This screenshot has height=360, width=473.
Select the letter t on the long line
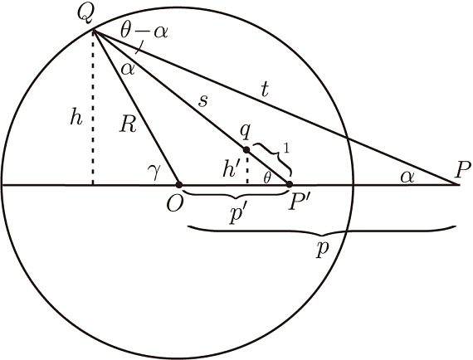pyautogui.click(x=265, y=90)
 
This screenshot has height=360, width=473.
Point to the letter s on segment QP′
pyautogui.click(x=203, y=101)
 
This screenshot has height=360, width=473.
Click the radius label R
pyautogui.click(x=128, y=124)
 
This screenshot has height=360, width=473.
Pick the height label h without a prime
pyautogui.click(x=76, y=117)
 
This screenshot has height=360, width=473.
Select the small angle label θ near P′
pyautogui.click(x=266, y=178)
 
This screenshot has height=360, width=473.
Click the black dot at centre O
pyautogui.click(x=179, y=184)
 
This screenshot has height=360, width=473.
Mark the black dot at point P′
pyautogui.click(x=290, y=184)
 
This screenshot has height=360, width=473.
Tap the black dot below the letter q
pyautogui.click(x=246, y=150)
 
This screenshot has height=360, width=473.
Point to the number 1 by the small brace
pyautogui.click(x=286, y=149)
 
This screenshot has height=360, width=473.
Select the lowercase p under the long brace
pyautogui.click(x=323, y=251)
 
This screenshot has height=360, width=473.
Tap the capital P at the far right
pyautogui.click(x=463, y=171)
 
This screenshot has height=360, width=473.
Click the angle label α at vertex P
pyautogui.click(x=407, y=177)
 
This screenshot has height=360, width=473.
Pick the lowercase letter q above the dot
pyautogui.click(x=245, y=132)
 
